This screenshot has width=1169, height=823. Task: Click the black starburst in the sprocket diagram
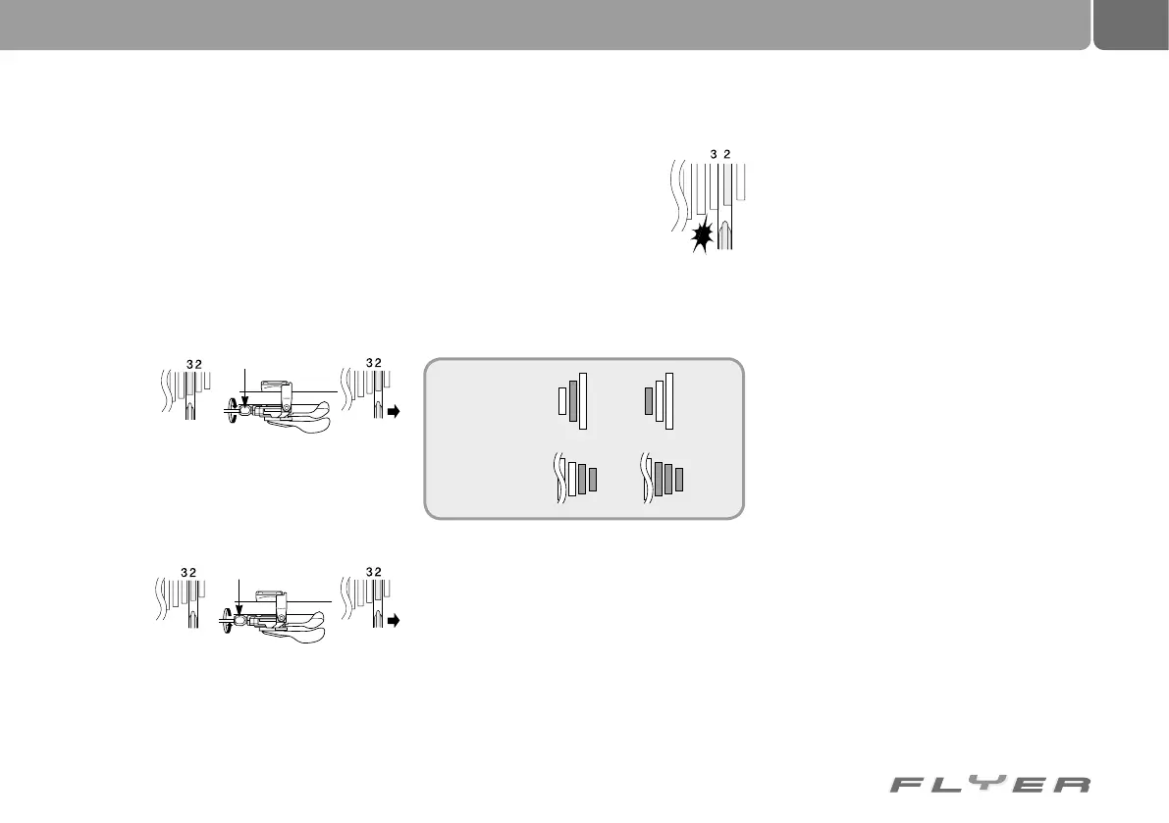[x=702, y=236]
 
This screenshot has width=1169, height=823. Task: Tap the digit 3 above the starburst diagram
[x=713, y=153]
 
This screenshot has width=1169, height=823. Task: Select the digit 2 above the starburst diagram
[x=726, y=153]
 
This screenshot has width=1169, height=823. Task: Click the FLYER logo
[x=989, y=785]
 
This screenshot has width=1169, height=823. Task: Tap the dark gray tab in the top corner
[x=1132, y=24]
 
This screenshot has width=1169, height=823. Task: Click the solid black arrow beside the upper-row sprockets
[x=395, y=414]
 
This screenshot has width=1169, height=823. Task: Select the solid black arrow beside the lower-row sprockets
[x=395, y=621]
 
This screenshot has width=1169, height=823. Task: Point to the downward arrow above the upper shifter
[x=244, y=386]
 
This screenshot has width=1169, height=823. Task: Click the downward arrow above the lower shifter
[x=239, y=597]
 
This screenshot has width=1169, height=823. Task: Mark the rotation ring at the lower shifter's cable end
[x=228, y=620]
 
